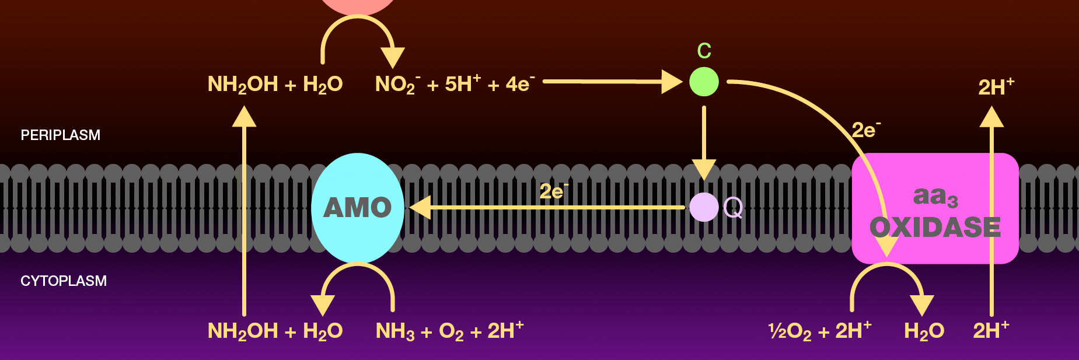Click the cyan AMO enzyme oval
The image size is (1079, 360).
point(357,207)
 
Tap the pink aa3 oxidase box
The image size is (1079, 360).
point(935,208)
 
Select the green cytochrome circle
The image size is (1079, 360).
point(704,82)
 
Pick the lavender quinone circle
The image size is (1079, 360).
point(704,207)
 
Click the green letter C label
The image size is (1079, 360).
point(704,51)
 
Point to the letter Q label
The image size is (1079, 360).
point(733,207)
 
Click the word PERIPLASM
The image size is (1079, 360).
point(61,135)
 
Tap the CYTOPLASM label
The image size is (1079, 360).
point(64,281)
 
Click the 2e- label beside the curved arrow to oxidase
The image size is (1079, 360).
point(865,130)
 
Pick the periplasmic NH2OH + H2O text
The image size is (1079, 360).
point(275,85)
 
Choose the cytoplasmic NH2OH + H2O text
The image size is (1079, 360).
point(275,331)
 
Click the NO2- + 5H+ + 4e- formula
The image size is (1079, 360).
point(455,85)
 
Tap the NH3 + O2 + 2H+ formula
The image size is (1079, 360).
point(449,331)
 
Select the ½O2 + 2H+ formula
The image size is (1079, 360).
point(820,331)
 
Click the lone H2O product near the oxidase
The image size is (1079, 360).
point(924,331)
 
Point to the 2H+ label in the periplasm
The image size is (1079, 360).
point(996,87)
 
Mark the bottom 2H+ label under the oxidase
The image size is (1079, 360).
point(990,331)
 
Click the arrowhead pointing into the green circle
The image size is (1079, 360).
point(672,82)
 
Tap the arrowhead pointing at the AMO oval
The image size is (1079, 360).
point(420,207)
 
